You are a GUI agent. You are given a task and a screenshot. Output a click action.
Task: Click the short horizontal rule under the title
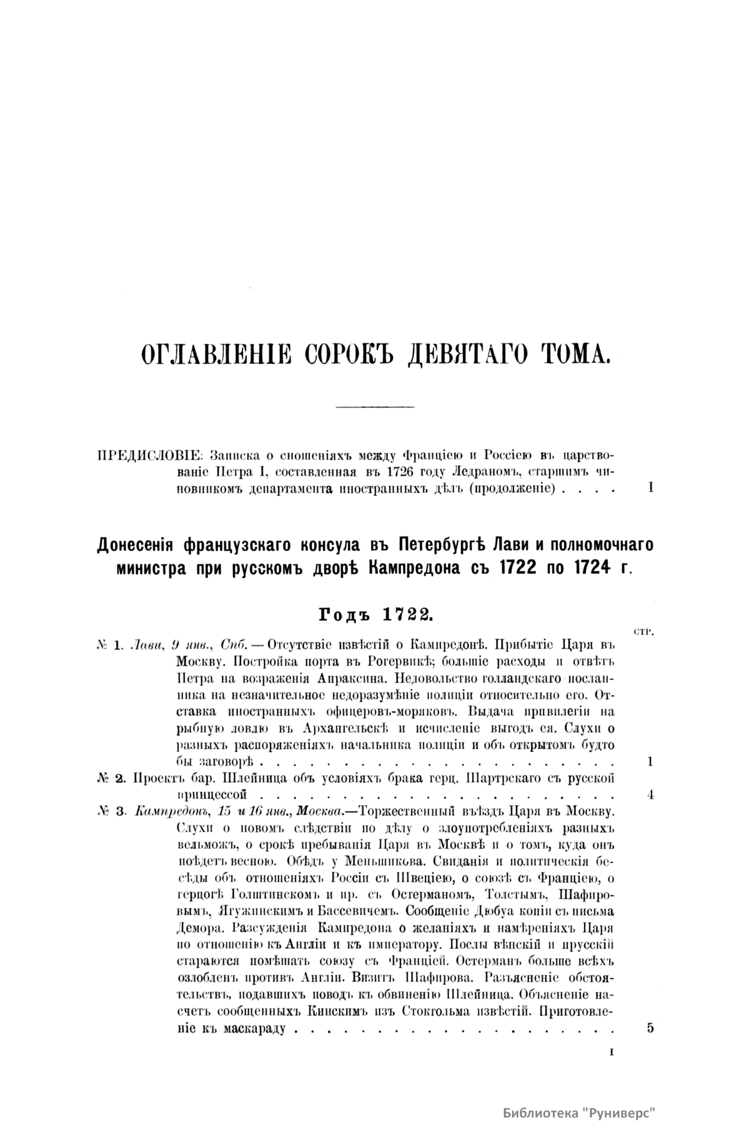(375, 408)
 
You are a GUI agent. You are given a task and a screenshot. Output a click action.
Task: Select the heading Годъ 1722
(375, 614)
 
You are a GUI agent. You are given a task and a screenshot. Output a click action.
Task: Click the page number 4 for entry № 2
(651, 795)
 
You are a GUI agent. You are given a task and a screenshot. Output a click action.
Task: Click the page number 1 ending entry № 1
(651, 762)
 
